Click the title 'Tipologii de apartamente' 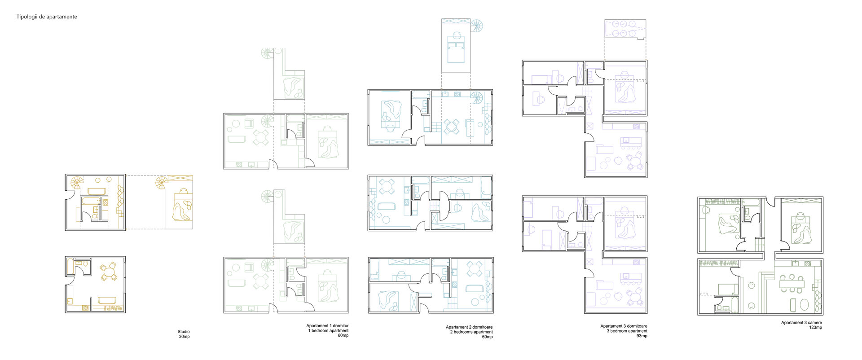click(x=47, y=17)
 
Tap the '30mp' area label click(x=184, y=337)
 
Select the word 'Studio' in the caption click(x=184, y=332)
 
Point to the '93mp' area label click(x=642, y=336)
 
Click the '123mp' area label click(x=815, y=328)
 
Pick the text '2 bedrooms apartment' click(x=471, y=332)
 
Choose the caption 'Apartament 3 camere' click(x=802, y=323)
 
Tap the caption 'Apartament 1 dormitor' click(x=327, y=326)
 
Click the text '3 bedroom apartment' click(x=628, y=331)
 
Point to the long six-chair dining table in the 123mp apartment click(x=793, y=283)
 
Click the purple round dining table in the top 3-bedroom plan click(x=636, y=161)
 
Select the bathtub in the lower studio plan click(x=70, y=267)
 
